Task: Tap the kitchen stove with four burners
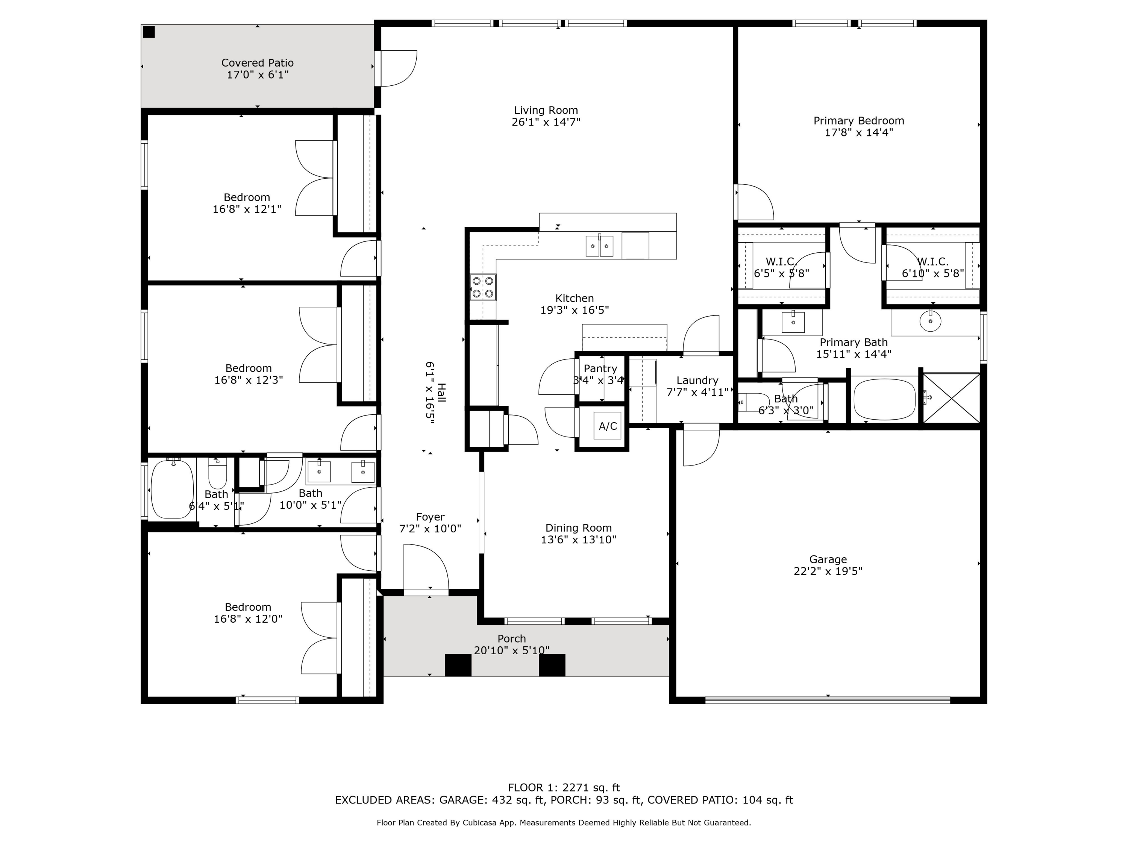482,287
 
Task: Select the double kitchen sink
599,246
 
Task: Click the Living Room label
546,110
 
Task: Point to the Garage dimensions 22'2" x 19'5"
828,571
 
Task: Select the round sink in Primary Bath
930,321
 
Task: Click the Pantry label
600,368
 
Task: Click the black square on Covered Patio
149,32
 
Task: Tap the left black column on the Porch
458,665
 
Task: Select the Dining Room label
578,528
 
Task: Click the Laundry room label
697,381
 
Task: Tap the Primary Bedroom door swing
755,202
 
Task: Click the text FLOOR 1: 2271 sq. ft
564,787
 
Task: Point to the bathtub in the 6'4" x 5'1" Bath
172,490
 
